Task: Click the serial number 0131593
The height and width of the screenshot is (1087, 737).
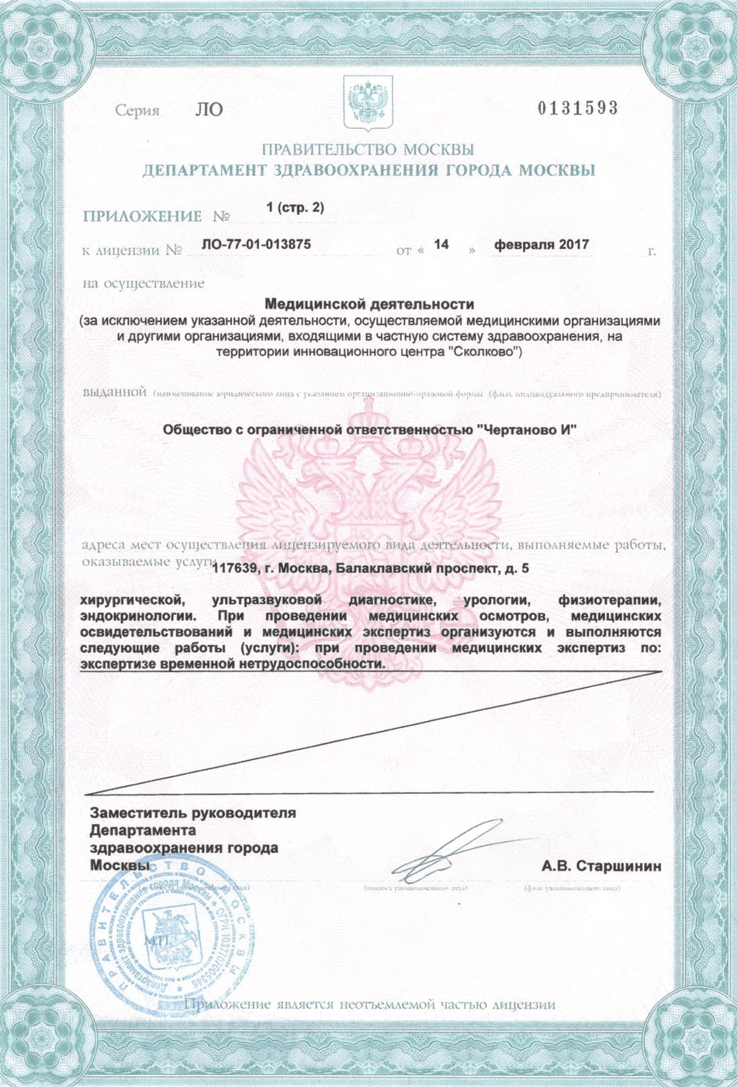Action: coord(578,108)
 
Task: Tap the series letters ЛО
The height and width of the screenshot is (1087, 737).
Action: coord(209,109)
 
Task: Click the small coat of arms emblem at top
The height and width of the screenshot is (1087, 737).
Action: coord(368,102)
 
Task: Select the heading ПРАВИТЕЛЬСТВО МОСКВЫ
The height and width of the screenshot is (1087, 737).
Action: coord(368,150)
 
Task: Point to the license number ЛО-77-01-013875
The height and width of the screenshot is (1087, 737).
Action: coord(256,244)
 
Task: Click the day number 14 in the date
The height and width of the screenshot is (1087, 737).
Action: coord(441,244)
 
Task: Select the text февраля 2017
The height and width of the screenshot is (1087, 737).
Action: coord(541,244)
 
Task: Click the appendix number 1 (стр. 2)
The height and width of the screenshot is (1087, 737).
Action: coord(295,208)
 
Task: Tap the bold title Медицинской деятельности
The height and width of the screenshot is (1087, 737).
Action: coord(369,303)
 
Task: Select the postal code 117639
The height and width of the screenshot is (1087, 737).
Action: coord(233,569)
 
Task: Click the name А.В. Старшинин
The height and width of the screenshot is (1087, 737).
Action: coord(601,866)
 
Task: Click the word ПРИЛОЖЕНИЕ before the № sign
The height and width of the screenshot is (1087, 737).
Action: coord(142,216)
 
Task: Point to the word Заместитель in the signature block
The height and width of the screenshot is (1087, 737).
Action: coord(139,814)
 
